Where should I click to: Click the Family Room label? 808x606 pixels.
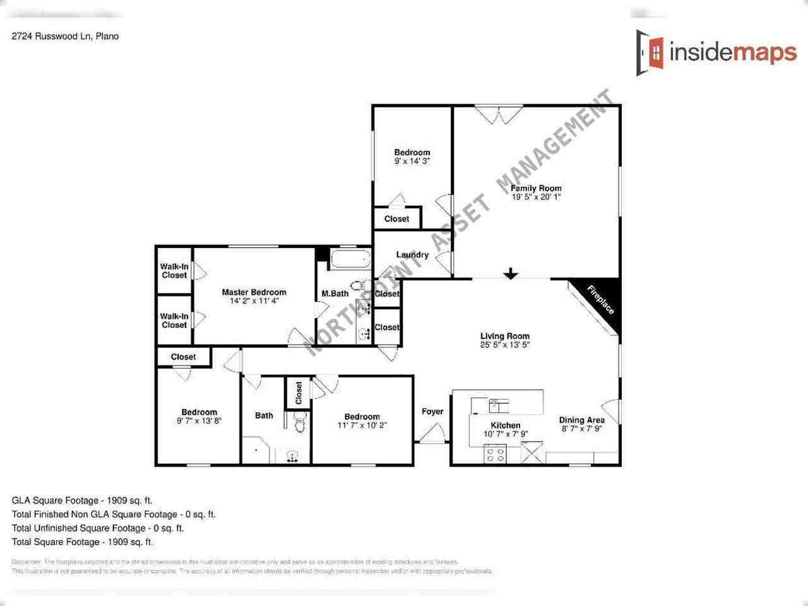pyautogui.click(x=536, y=188)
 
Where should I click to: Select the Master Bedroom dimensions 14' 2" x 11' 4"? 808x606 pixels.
pyautogui.click(x=254, y=301)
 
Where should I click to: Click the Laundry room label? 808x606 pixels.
pyautogui.click(x=412, y=255)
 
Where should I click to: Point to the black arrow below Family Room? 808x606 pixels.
pyautogui.click(x=511, y=274)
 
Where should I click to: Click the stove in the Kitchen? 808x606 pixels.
pyautogui.click(x=494, y=453)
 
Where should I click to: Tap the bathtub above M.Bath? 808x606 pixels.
pyautogui.click(x=350, y=259)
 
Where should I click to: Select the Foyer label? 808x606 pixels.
pyautogui.click(x=432, y=412)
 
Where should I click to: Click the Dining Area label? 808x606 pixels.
pyautogui.click(x=581, y=420)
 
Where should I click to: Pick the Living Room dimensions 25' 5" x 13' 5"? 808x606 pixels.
pyautogui.click(x=504, y=345)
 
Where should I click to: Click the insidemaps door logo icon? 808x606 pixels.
pyautogui.click(x=651, y=52)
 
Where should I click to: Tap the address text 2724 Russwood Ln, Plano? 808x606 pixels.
pyautogui.click(x=65, y=36)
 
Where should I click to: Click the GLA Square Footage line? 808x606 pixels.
pyautogui.click(x=82, y=501)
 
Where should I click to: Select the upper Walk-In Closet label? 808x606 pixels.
pyautogui.click(x=174, y=271)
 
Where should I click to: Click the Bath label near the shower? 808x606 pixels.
pyautogui.click(x=264, y=415)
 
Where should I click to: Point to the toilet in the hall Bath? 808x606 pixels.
pyautogui.click(x=300, y=424)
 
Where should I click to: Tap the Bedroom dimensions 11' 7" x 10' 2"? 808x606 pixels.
pyautogui.click(x=362, y=425)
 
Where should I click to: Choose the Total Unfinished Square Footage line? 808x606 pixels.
pyautogui.click(x=98, y=528)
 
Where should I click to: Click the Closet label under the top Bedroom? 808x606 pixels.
pyautogui.click(x=396, y=219)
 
